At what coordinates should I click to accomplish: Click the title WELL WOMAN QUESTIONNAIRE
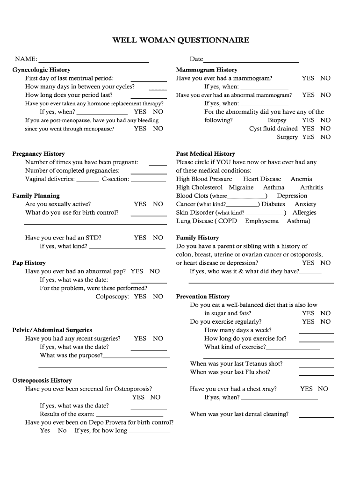coord(180,41)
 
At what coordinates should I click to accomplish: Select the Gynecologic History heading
coord(41,70)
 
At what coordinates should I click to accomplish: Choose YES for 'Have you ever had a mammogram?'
coord(308,78)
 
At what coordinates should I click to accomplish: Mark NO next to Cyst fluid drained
coord(325,129)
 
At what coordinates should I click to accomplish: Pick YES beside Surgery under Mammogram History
coord(308,137)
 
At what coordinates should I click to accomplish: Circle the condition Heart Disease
coord(262,179)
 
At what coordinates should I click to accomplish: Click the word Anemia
coord(301,179)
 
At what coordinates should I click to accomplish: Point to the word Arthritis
coord(311,188)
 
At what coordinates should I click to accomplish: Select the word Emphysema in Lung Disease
coord(261,221)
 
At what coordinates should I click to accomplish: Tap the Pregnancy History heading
coord(38,154)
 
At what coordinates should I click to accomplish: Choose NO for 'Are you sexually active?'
coord(158,204)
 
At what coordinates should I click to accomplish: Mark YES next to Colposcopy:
coord(140,297)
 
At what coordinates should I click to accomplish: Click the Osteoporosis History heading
coord(42,381)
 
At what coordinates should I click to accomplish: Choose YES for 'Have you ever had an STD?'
coord(140,238)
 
